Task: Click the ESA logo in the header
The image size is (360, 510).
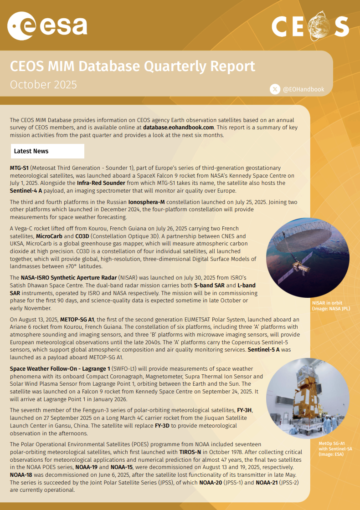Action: tap(47, 25)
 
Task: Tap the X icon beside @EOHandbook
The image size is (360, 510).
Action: tap(275, 89)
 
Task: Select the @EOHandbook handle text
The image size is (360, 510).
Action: tap(303, 90)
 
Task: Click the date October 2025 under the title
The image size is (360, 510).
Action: tap(43, 85)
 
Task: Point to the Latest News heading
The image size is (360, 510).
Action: tap(31, 151)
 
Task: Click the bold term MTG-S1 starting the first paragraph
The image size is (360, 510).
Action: tap(19, 168)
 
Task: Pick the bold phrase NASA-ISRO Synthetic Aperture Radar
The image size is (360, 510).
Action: tap(68, 277)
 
